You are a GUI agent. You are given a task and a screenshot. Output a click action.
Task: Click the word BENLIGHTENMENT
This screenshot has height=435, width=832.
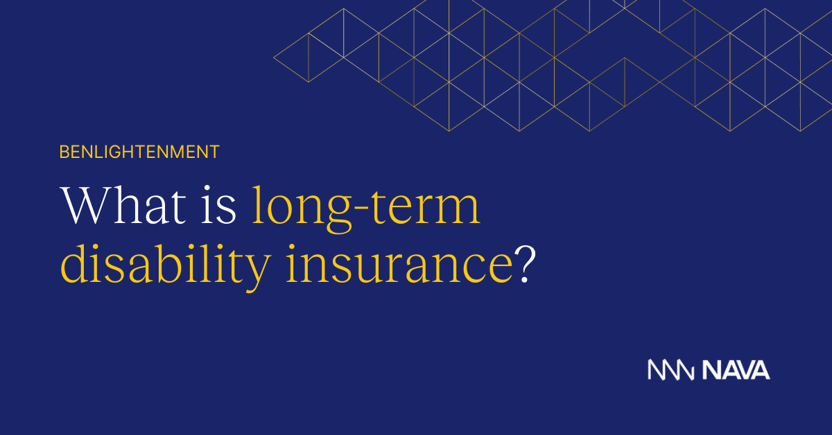click(x=139, y=152)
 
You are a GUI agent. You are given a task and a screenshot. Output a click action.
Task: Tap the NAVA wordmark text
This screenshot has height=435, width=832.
click(x=736, y=370)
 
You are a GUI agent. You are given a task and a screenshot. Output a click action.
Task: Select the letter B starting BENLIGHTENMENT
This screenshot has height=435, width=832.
click(x=64, y=152)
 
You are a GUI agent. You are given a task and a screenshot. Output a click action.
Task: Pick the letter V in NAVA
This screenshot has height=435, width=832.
click(x=745, y=370)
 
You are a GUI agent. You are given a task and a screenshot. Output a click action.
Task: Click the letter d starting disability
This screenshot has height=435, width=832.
click(x=73, y=263)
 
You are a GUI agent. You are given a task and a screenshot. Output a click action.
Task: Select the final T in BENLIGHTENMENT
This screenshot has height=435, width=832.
click(x=215, y=152)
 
